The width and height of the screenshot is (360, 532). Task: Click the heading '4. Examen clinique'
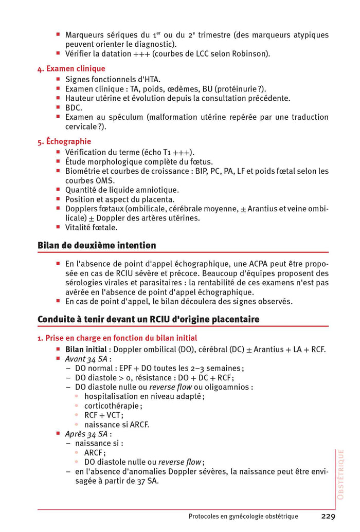point(71,68)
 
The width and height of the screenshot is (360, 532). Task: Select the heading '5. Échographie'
point(64,141)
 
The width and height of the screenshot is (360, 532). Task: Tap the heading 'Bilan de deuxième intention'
point(97,245)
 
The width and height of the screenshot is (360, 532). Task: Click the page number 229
point(329,517)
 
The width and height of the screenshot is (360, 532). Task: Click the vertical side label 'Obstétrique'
point(340,474)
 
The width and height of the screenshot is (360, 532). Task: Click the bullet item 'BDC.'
point(74,107)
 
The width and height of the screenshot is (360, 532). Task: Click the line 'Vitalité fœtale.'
point(91,227)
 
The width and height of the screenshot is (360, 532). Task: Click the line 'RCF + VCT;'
point(104,415)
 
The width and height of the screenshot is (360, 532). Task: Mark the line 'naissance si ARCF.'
point(117,425)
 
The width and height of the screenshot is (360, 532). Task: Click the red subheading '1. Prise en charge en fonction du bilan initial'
point(117,338)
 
